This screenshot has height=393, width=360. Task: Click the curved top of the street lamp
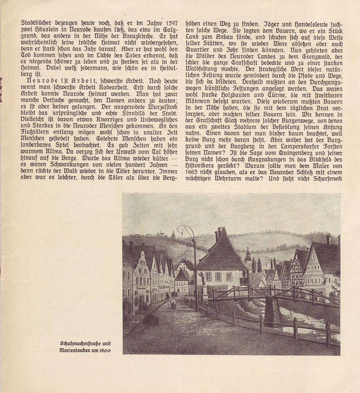tap(186, 228)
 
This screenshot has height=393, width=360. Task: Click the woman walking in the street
tap(174, 304)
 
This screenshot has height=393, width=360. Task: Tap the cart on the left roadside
tap(150, 319)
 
